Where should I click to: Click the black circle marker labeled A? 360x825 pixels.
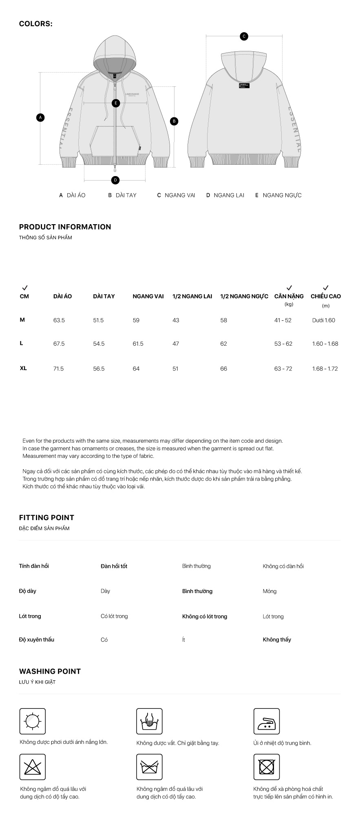tap(40, 117)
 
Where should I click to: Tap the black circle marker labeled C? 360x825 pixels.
tap(244, 36)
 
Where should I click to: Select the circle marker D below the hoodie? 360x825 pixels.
tap(115, 180)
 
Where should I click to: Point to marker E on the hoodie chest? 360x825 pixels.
tap(116, 103)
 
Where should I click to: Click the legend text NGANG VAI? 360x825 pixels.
tap(180, 195)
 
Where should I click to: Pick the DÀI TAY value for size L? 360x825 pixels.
tap(99, 344)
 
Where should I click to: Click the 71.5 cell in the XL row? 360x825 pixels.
tap(59, 368)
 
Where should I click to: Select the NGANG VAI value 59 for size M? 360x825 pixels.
tap(136, 320)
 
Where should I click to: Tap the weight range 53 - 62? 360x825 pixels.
tap(283, 344)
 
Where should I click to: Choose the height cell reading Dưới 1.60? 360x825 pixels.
tap(324, 320)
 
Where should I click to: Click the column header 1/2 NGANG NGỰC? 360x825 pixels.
tap(244, 296)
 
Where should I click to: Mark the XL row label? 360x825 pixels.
tap(23, 368)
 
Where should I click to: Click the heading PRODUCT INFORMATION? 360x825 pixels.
tap(65, 227)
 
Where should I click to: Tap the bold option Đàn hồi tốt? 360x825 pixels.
tap(114, 566)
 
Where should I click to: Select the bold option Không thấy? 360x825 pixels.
tap(277, 640)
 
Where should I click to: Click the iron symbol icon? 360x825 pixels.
tap(267, 721)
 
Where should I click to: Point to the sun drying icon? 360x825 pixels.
tap(33, 721)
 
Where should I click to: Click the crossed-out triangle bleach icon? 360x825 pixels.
tap(33, 767)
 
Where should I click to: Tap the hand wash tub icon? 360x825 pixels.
tap(149, 721)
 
